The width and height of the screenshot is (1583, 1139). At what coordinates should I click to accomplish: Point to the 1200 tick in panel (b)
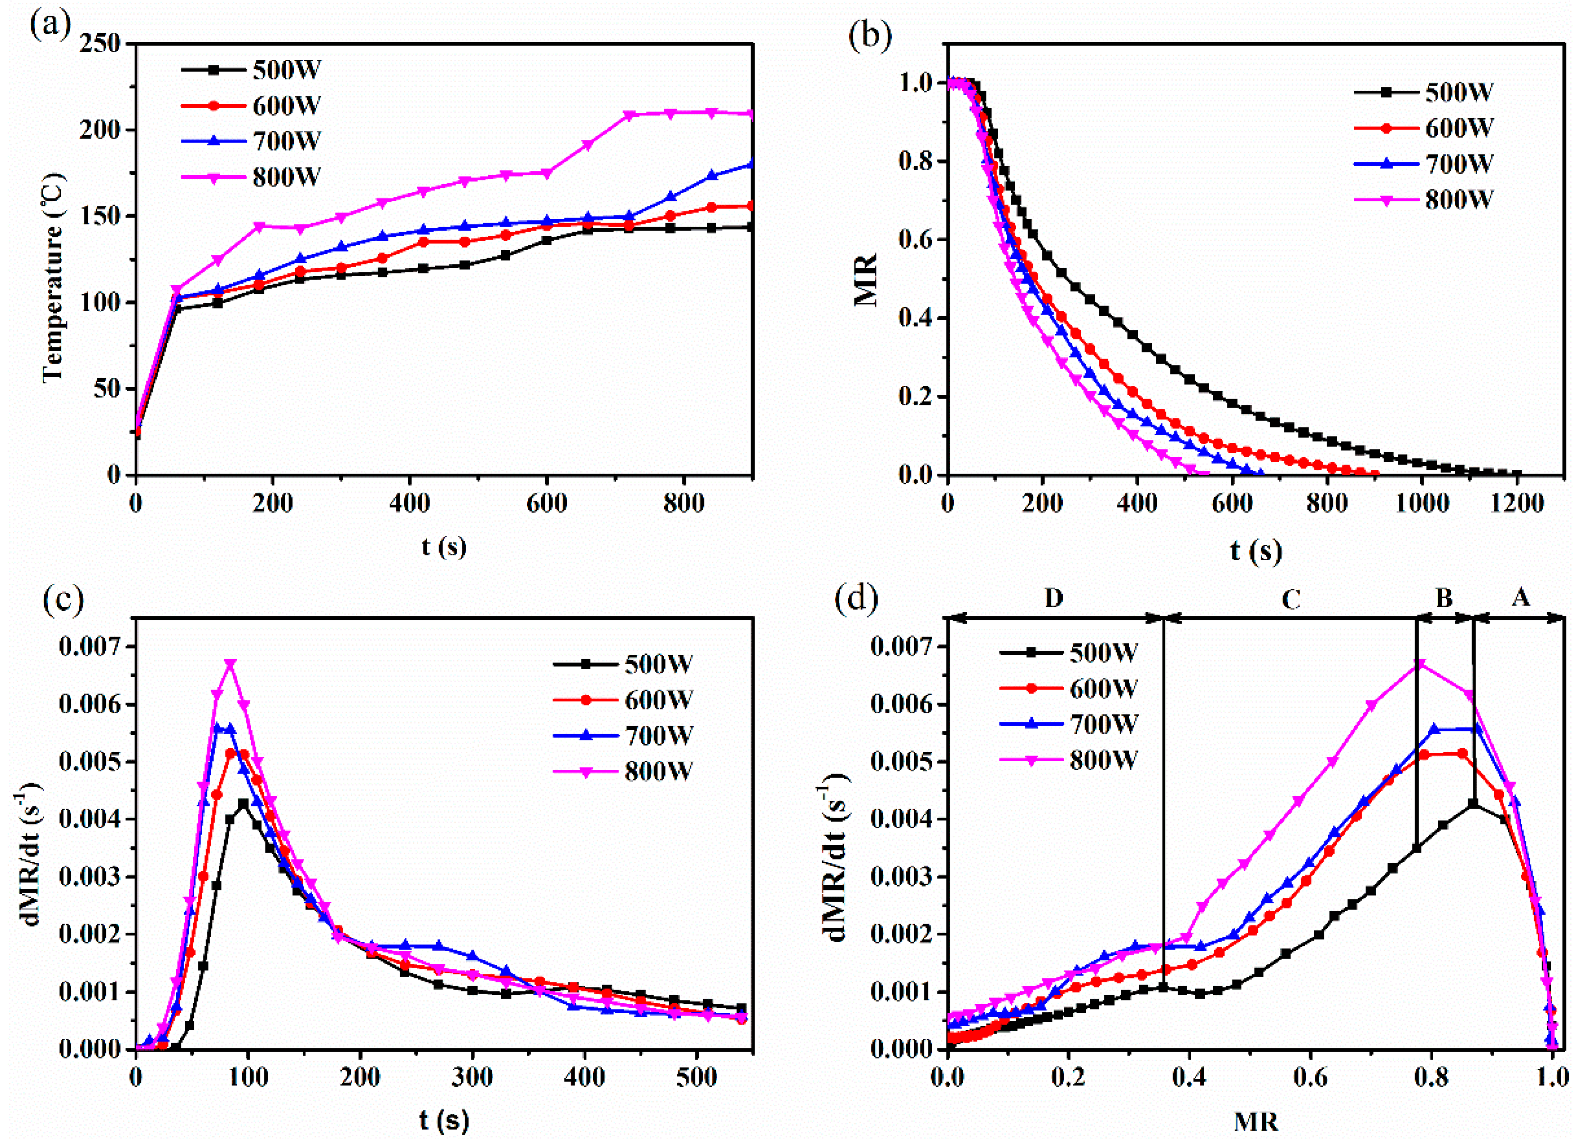(x=1516, y=504)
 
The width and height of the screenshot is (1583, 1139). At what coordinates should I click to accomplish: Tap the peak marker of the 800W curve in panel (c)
(x=230, y=664)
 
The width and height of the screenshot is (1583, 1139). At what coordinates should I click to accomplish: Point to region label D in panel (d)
(x=1053, y=598)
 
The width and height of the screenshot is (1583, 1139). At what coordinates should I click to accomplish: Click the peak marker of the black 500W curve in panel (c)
(x=243, y=803)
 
